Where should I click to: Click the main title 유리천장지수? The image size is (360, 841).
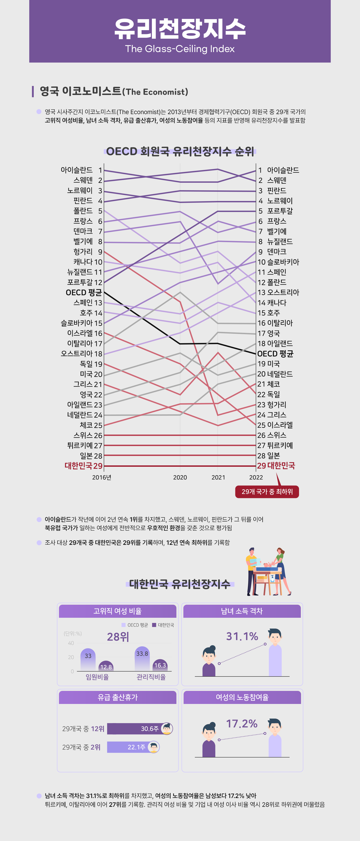pos(180,29)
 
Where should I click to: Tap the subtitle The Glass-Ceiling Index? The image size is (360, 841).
pos(180,49)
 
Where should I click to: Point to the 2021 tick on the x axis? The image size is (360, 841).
pos(218,477)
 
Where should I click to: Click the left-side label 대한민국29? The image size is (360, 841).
pos(83,466)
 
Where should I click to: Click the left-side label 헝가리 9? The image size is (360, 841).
pos(88,252)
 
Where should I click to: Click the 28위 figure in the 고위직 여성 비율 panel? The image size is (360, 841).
pos(118,637)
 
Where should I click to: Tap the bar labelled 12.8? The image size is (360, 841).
pos(106,666)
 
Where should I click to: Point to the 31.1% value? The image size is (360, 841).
pos(242,636)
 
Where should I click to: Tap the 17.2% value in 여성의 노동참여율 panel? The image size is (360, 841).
pos(242,724)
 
